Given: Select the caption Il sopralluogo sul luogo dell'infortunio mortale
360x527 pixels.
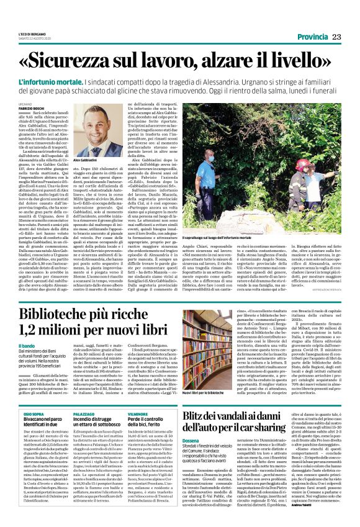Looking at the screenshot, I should pos(230,237).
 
